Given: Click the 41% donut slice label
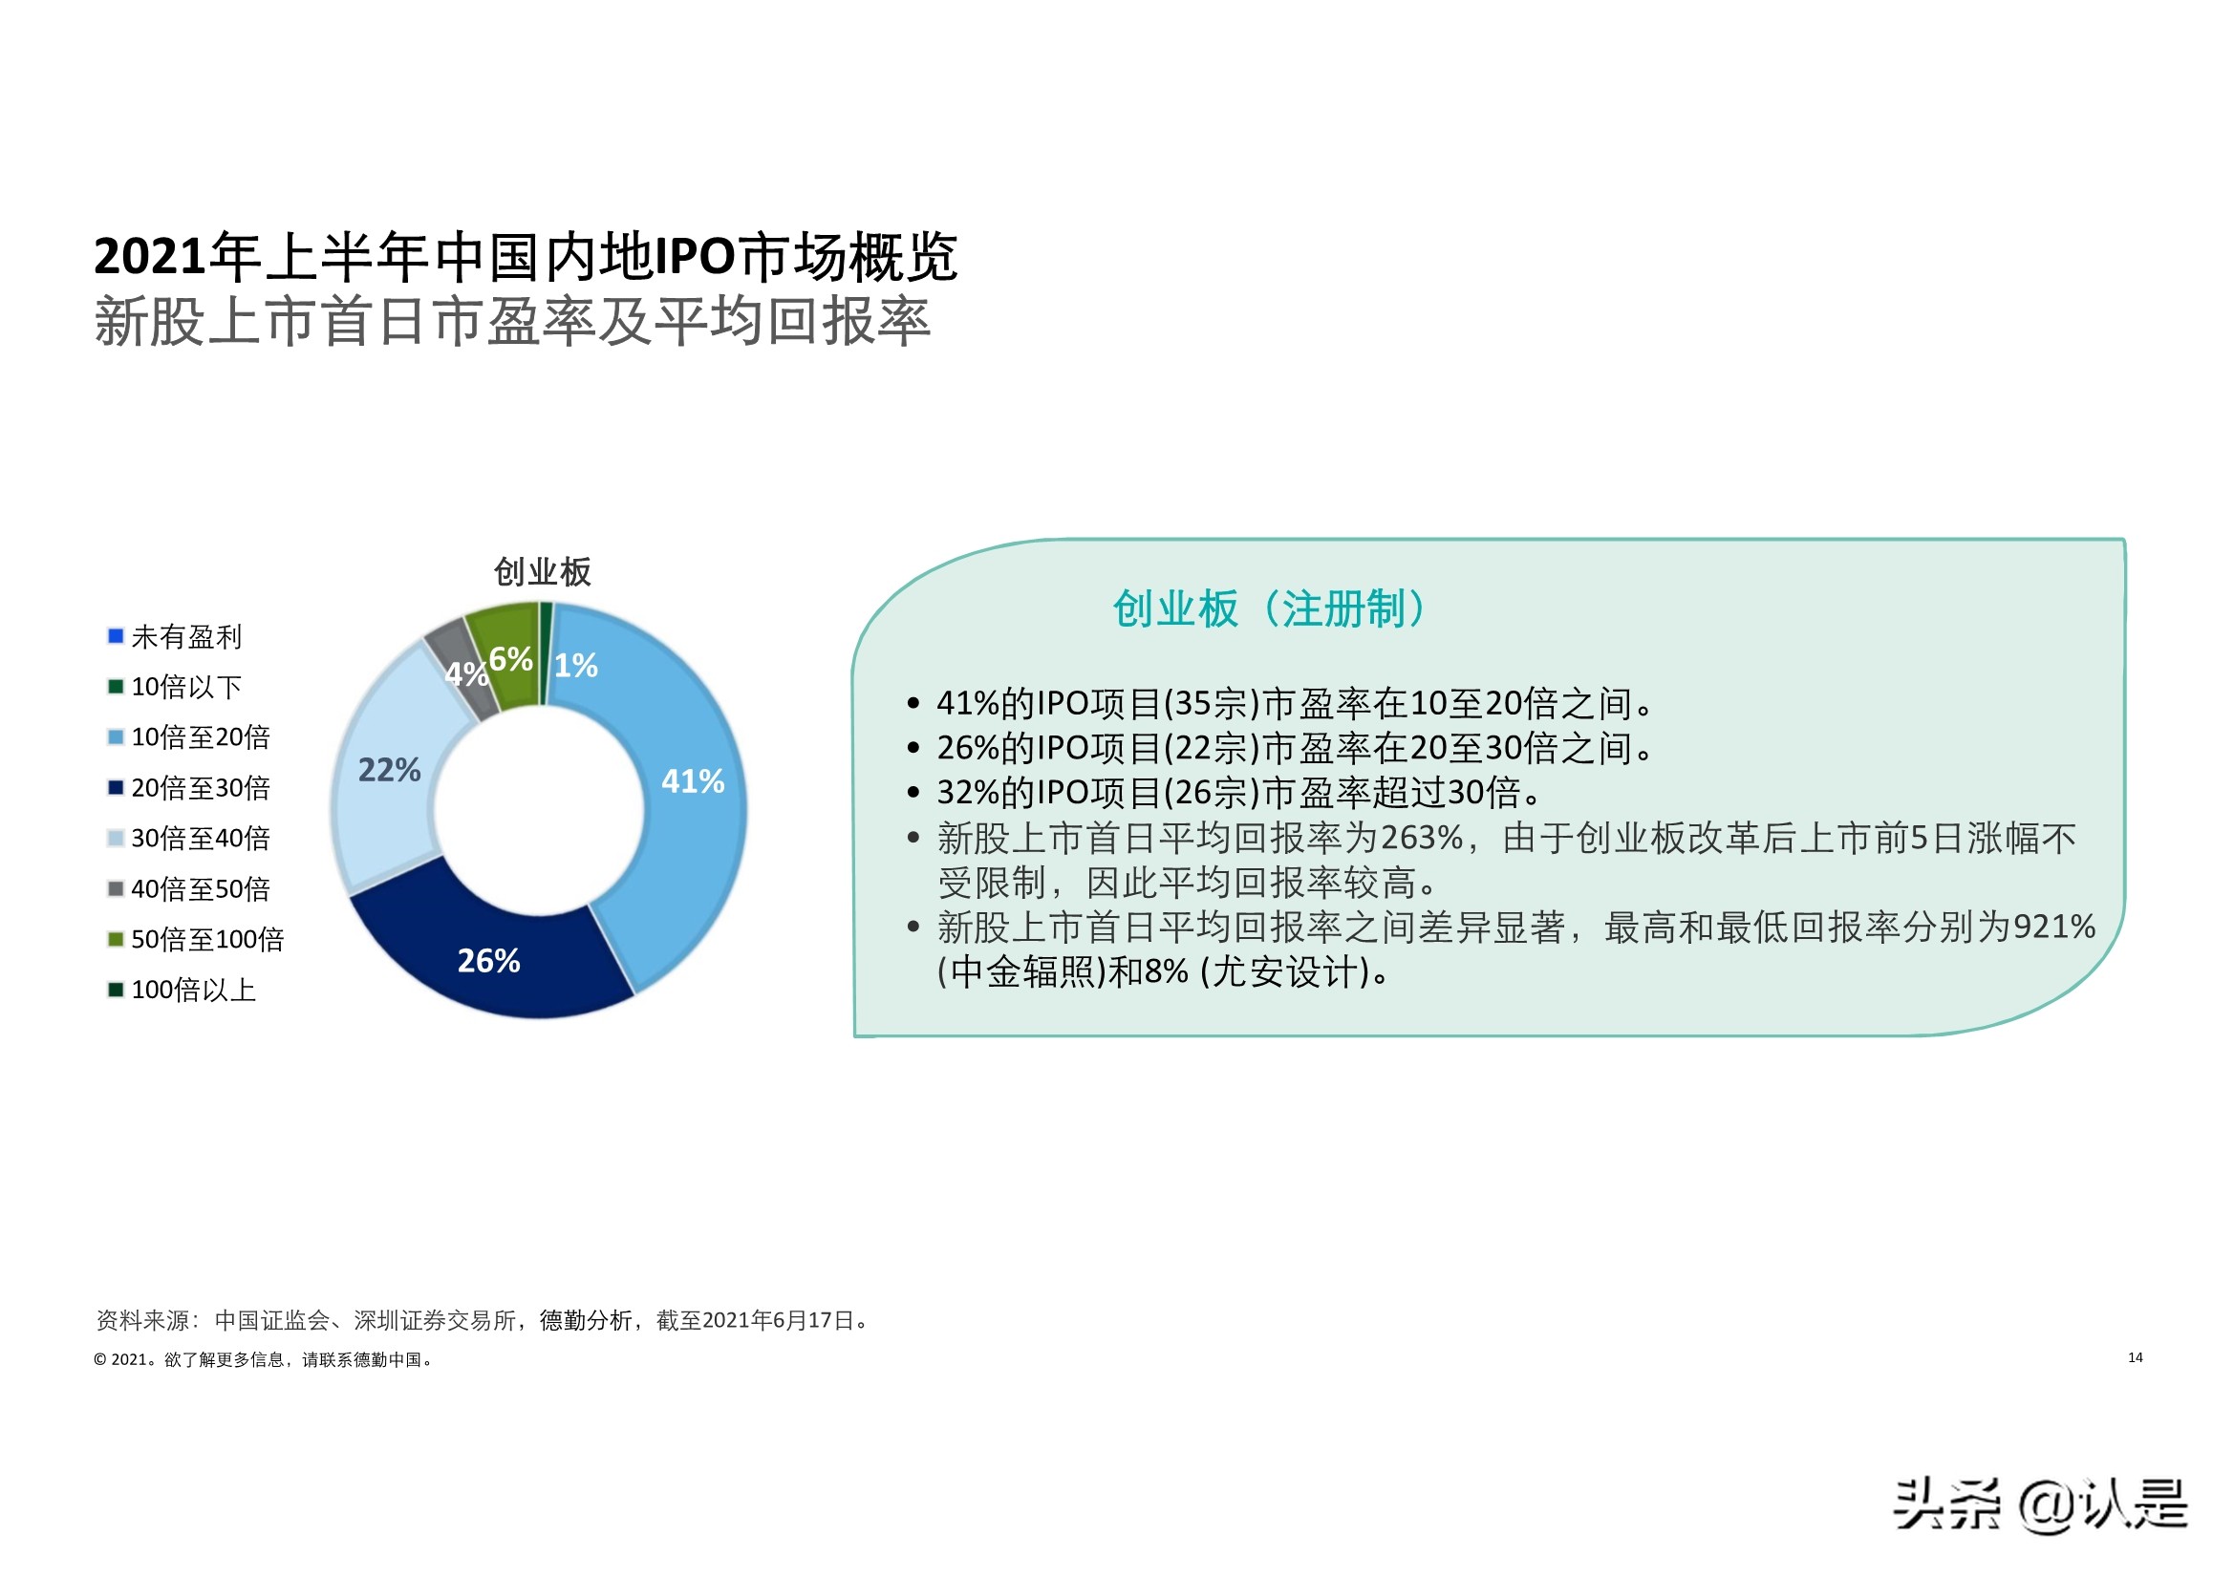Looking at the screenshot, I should click(x=693, y=781).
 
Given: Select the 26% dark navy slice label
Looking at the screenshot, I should click(x=488, y=961).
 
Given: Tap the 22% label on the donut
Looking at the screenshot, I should click(x=389, y=771).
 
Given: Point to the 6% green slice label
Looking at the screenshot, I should click(x=510, y=660).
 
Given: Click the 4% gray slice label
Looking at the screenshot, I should click(x=465, y=674).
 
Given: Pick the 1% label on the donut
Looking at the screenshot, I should click(x=576, y=666).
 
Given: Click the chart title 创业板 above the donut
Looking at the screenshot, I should click(x=542, y=572).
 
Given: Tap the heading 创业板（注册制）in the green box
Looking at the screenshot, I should click(x=1271, y=610).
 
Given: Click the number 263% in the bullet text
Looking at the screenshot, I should click(x=1422, y=839).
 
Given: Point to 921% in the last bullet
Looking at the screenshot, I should click(x=2054, y=928).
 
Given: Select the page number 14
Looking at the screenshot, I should click(x=2135, y=1357).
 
